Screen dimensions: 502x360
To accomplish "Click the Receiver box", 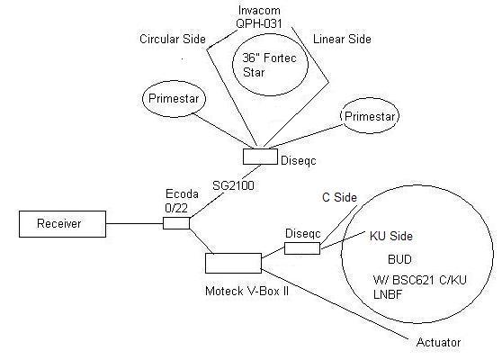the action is (62, 224).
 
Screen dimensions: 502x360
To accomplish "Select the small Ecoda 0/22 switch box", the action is (176, 223).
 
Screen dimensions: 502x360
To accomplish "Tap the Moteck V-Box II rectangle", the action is (233, 264).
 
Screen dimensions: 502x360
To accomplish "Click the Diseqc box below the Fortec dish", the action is (260, 157).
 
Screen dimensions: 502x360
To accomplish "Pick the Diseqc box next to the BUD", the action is (302, 248).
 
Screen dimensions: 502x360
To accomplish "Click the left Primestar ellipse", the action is (174, 99).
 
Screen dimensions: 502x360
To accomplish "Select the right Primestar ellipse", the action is (370, 116).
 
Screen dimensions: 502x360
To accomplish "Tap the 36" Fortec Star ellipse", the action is (270, 65).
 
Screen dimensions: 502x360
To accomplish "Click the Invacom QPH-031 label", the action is (259, 17).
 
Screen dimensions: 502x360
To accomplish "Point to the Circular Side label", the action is (173, 39).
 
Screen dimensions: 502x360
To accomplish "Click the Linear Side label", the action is (342, 39).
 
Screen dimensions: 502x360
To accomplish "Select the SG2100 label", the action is (233, 185).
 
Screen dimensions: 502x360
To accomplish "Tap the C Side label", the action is (339, 197).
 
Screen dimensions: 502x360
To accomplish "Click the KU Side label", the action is (391, 236).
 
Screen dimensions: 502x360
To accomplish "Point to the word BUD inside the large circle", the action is (399, 259).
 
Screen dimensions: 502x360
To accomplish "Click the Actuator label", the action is (438, 342).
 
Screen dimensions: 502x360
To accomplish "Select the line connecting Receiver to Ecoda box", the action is (134, 223).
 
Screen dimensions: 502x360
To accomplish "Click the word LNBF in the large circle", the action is (388, 294).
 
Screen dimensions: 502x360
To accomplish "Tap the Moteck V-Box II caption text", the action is (247, 291).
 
